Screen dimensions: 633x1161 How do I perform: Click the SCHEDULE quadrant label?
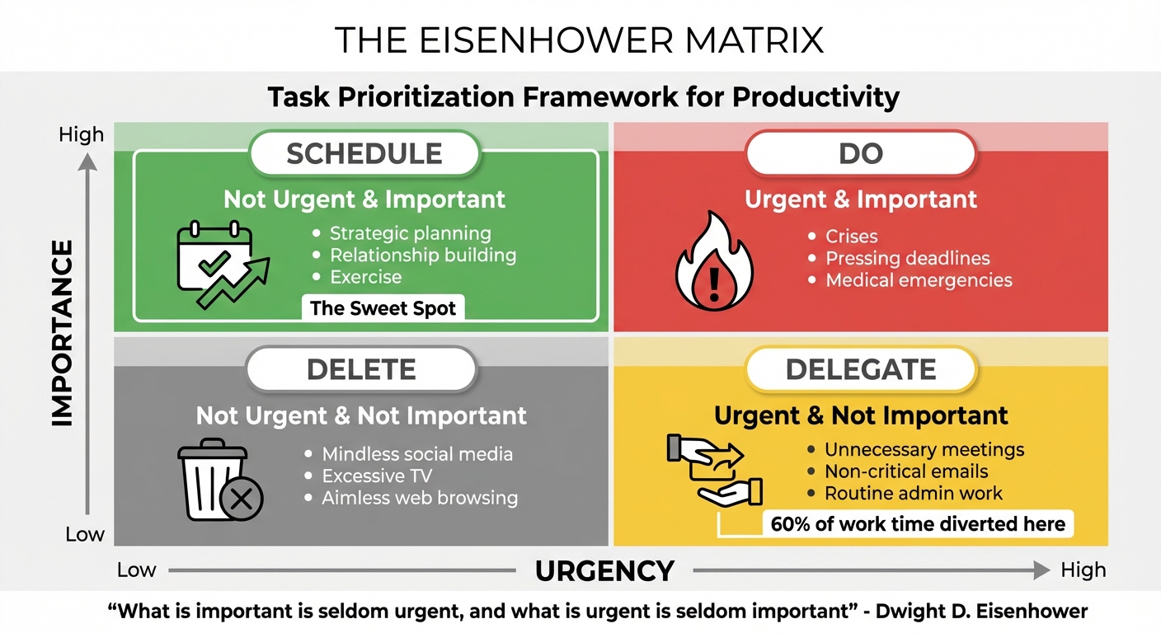click(364, 153)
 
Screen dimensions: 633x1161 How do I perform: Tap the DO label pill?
click(861, 153)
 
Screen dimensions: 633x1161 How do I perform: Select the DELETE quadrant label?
click(361, 368)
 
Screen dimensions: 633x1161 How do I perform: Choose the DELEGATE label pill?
click(861, 368)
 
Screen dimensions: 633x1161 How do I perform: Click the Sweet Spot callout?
click(383, 309)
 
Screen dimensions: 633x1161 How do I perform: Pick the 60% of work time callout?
click(917, 523)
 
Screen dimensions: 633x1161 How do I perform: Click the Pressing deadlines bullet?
click(907, 258)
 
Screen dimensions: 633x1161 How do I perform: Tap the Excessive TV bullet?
click(377, 476)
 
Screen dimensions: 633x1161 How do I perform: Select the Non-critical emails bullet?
click(906, 471)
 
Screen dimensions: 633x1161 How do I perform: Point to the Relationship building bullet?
click(423, 255)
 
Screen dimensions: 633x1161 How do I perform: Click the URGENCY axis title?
click(604, 570)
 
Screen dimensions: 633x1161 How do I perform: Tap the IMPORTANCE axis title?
click(63, 333)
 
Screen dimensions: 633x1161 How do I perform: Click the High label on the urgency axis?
click(1083, 570)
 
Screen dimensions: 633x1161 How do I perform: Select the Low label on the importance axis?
click(85, 535)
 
